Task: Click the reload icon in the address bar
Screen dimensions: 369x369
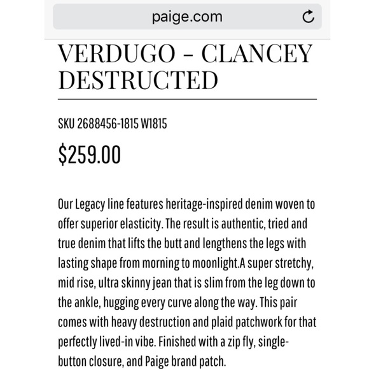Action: (308, 17)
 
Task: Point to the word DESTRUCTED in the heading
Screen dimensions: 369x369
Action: (137, 81)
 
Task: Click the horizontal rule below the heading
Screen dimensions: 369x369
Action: (187, 99)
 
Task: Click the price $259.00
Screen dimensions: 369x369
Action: (89, 155)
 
